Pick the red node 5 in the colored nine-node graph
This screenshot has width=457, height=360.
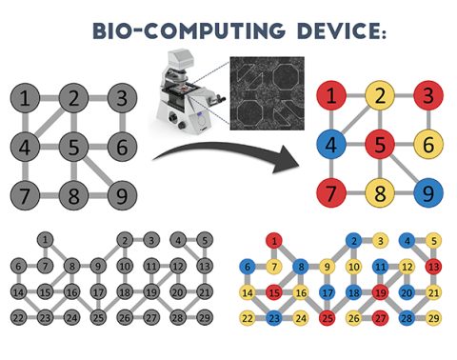(x=380, y=148)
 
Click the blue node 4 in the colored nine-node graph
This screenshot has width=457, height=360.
(x=332, y=148)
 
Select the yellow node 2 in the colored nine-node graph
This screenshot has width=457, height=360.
(x=380, y=97)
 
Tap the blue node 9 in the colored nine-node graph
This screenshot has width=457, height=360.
(x=427, y=197)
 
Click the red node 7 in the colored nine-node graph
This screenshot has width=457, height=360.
(x=332, y=197)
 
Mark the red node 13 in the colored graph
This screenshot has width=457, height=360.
(x=434, y=266)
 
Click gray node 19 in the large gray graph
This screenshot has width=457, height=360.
(x=150, y=291)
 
